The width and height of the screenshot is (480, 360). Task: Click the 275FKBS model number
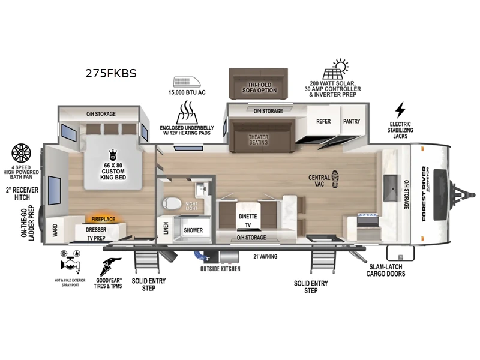coord(111,74)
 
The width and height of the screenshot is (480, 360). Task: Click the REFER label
coord(323,121)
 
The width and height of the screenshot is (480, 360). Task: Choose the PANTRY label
coord(352,121)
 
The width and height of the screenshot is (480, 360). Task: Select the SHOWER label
coord(193,230)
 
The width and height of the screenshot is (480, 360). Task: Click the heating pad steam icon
coord(188,112)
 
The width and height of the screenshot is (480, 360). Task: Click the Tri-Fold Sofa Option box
coord(260,85)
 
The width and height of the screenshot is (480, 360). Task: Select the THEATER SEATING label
coord(259,139)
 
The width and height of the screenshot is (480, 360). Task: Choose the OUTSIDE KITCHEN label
coord(220,269)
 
